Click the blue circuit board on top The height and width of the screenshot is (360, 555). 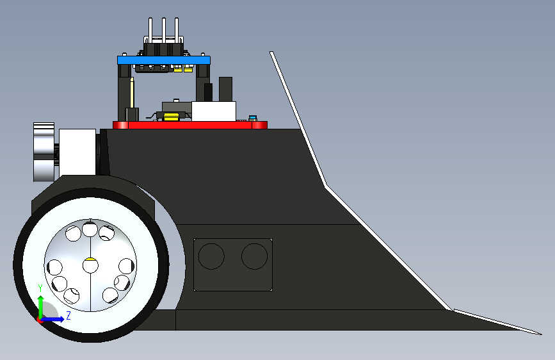164,60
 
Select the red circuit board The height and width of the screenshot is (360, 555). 190,125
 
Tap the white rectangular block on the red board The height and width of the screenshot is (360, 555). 214,111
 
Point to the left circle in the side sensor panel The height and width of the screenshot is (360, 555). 211,256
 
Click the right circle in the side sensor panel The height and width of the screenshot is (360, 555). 255,256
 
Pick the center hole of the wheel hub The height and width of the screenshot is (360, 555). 91,265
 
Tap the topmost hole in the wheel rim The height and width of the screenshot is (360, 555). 90,229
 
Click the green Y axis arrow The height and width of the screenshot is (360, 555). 41,307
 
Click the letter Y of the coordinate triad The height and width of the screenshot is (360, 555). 40,288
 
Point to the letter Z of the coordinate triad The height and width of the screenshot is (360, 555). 68,315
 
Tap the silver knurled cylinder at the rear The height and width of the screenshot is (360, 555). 44,152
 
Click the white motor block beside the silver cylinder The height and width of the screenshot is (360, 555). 77,152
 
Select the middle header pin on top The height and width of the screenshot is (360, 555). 163,31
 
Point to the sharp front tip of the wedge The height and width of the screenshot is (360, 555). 541,334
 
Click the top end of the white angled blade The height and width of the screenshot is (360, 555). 271,53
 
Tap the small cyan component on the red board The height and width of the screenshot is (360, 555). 252,118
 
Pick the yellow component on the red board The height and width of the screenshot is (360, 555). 172,117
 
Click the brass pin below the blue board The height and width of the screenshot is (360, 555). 132,92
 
